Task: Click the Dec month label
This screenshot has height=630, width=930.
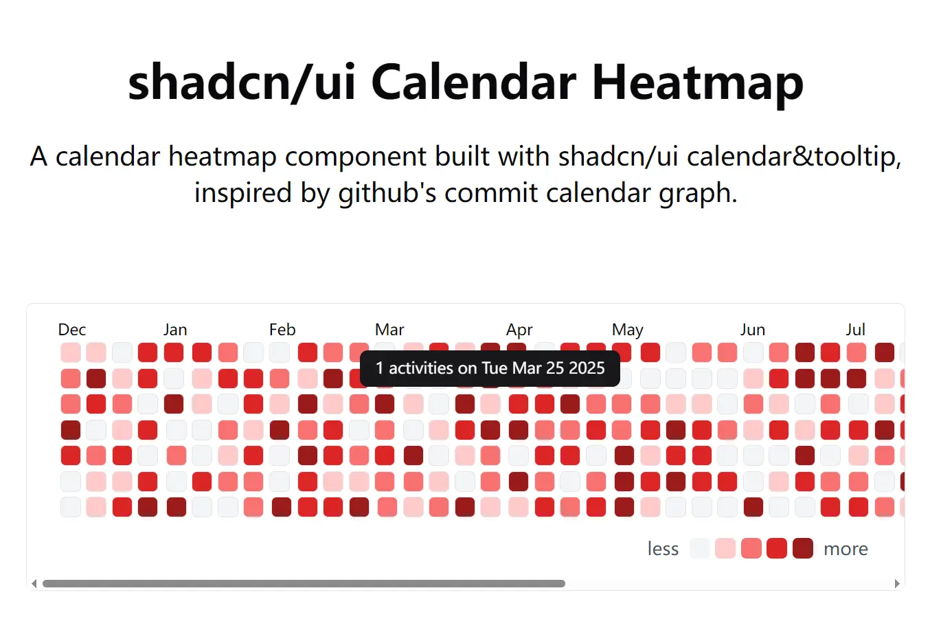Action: pos(72,330)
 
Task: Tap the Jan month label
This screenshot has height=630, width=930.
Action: pos(175,330)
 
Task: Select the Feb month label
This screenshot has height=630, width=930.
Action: pos(282,330)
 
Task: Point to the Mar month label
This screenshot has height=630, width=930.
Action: pos(389,330)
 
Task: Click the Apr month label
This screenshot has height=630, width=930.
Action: pos(519,330)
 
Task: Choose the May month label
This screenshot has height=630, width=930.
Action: pos(627,330)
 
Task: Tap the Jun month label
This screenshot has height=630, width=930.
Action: pos(752,330)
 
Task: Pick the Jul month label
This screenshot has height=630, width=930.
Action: pos(855,330)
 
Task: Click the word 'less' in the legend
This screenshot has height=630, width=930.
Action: pos(663,549)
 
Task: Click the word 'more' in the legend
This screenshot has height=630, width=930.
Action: pos(846,549)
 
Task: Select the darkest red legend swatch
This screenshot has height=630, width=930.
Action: pos(802,548)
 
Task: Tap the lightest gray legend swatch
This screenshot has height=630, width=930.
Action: pos(700,548)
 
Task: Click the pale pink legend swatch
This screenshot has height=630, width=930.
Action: pos(725,548)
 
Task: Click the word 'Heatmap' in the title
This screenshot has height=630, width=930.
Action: pos(697,82)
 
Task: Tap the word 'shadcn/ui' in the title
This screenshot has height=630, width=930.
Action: pos(242,82)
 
